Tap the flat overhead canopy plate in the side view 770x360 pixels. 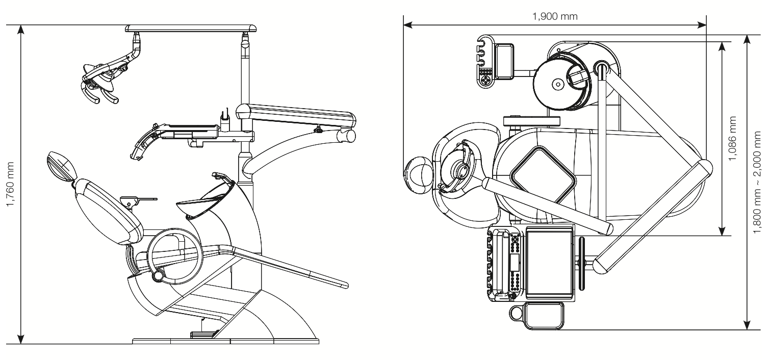pos(191,28)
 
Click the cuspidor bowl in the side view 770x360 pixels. pos(204,196)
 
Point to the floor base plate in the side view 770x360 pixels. pos(224,341)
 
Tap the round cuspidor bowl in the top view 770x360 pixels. pos(559,83)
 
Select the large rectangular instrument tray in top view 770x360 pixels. pos(550,263)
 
